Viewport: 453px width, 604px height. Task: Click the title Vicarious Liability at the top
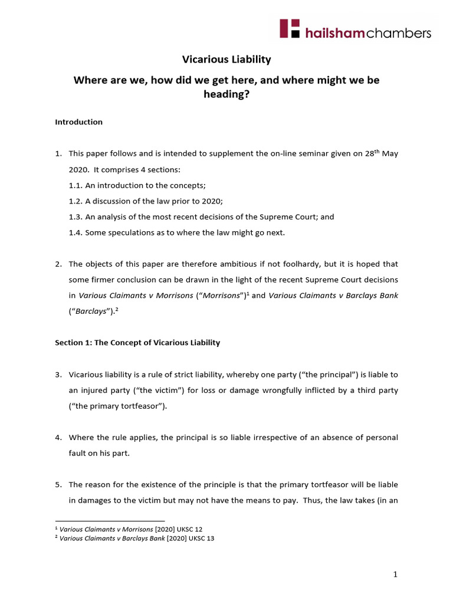(x=226, y=60)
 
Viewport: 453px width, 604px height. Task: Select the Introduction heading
(x=78, y=122)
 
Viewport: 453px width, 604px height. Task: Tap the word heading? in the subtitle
(x=226, y=94)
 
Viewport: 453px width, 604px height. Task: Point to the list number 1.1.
(x=75, y=185)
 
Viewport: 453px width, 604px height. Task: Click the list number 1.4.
(x=75, y=232)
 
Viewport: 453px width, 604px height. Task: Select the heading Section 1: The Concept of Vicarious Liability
(x=137, y=343)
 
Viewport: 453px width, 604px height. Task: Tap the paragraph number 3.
(x=58, y=375)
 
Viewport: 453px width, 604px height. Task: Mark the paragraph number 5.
(x=58, y=484)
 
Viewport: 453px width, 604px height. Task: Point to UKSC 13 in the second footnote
(x=202, y=538)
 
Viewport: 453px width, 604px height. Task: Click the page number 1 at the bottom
(x=396, y=576)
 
